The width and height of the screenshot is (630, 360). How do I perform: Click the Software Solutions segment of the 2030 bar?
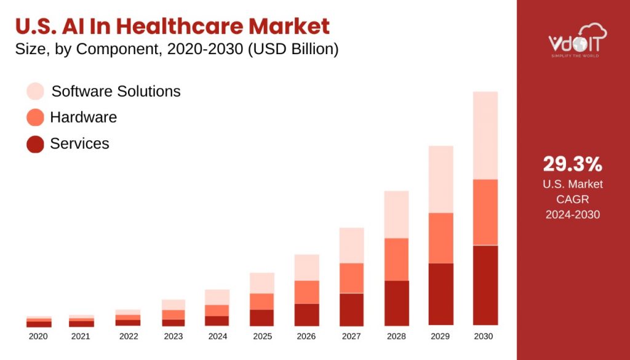pos(485,135)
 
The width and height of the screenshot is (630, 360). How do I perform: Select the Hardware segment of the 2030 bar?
pos(485,212)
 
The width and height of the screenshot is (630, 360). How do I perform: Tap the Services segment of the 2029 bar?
pos(441,294)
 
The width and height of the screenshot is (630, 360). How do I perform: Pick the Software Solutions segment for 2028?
pos(396,214)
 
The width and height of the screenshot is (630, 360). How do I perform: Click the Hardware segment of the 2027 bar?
pos(351,278)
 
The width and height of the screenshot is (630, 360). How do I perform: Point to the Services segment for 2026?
pos(306,314)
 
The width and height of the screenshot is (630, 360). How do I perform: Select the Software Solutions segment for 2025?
pos(261,283)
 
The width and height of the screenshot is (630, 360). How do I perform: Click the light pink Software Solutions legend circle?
pos(36,92)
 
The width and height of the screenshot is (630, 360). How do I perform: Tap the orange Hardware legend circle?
pos(36,118)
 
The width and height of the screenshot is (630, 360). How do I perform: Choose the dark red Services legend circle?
pos(36,144)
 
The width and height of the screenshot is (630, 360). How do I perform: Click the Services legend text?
pos(79,144)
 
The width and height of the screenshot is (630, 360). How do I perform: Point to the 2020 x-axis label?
pos(38,337)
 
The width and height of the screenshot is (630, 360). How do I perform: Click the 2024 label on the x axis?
pos(217,337)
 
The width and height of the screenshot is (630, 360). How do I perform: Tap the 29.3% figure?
pos(572,164)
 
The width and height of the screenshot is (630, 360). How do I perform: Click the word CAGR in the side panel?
pos(572,199)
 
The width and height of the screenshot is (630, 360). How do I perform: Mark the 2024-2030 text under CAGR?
pos(572,214)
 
